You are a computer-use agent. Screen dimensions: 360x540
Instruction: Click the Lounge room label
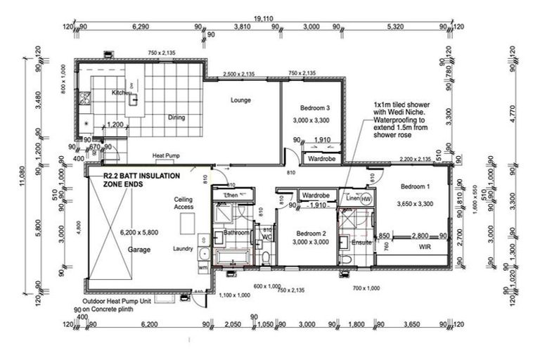240,100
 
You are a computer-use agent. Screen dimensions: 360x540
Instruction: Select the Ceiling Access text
184,204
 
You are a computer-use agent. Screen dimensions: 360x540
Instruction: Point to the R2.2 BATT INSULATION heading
141,174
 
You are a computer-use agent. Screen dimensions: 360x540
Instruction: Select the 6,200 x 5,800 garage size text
140,233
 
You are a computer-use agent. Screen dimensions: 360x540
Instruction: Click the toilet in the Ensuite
349,261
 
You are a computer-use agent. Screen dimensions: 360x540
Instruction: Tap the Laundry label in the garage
183,249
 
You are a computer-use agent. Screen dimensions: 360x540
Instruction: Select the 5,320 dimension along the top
395,29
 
